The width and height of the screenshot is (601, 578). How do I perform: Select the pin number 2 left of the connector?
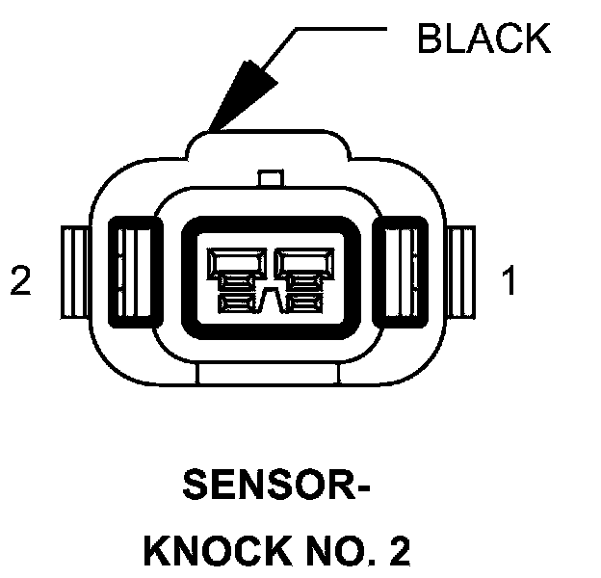click(20, 281)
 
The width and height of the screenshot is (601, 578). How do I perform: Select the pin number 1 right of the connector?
click(509, 281)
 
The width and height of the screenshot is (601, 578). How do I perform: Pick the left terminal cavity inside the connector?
click(237, 276)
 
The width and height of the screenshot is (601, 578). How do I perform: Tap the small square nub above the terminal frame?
click(272, 179)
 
